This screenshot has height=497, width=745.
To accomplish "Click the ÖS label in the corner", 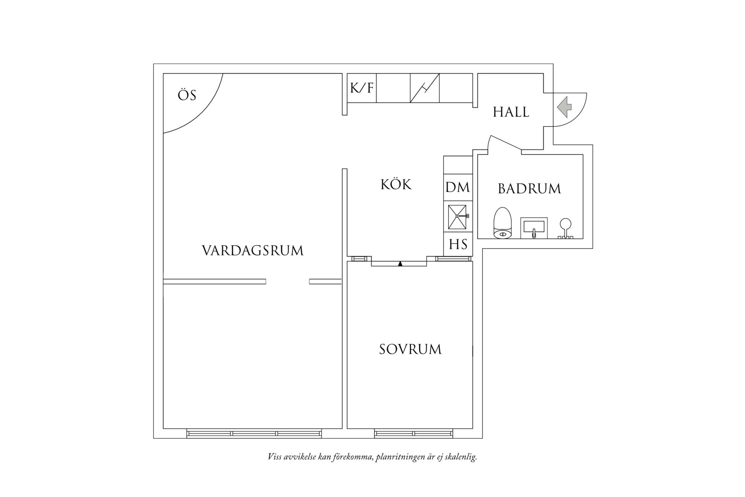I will [x=187, y=95].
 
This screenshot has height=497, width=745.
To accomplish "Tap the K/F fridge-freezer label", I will [x=362, y=88].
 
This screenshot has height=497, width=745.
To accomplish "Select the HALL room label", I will [x=511, y=112].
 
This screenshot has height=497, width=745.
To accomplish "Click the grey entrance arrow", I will [x=564, y=107].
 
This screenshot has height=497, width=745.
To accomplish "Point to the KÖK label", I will [x=396, y=185].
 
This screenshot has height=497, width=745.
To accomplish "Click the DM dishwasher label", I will [x=457, y=188].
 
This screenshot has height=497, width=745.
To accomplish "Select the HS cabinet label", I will [x=458, y=245].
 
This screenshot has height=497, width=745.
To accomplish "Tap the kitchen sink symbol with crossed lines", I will [x=457, y=217].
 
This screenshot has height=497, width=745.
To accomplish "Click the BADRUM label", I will [x=529, y=189].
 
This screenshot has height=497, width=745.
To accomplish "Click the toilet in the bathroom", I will [x=503, y=223].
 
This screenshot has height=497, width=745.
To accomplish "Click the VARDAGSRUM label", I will [x=252, y=251].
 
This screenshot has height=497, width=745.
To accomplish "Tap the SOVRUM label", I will [x=410, y=350].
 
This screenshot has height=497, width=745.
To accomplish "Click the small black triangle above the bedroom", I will [x=400, y=264].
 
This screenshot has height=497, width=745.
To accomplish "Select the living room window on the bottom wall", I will [x=254, y=433].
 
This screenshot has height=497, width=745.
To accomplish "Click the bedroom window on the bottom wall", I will [x=414, y=433].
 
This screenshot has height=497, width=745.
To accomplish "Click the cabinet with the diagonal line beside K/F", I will [x=424, y=88].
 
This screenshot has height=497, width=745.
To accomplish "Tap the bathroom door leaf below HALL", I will [x=505, y=142].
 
